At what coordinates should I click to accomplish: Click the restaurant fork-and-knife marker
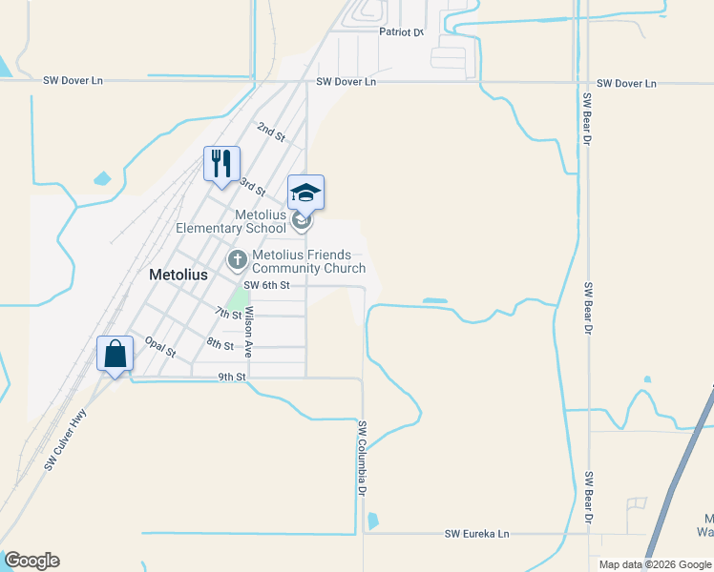220,163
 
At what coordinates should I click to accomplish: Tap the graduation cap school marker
305,193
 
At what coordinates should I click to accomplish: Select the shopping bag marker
115,354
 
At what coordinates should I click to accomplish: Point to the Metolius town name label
178,274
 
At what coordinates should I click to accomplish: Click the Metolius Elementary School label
232,221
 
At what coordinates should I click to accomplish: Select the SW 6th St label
266,285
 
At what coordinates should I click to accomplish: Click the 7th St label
228,313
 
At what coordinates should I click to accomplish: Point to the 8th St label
220,343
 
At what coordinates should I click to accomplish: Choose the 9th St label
232,377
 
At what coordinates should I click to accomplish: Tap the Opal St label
160,345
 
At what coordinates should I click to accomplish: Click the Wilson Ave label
248,332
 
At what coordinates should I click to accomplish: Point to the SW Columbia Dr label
363,458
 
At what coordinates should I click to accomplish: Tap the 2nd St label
271,132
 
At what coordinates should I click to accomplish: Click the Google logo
31,561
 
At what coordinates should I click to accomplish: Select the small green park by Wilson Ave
235,297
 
